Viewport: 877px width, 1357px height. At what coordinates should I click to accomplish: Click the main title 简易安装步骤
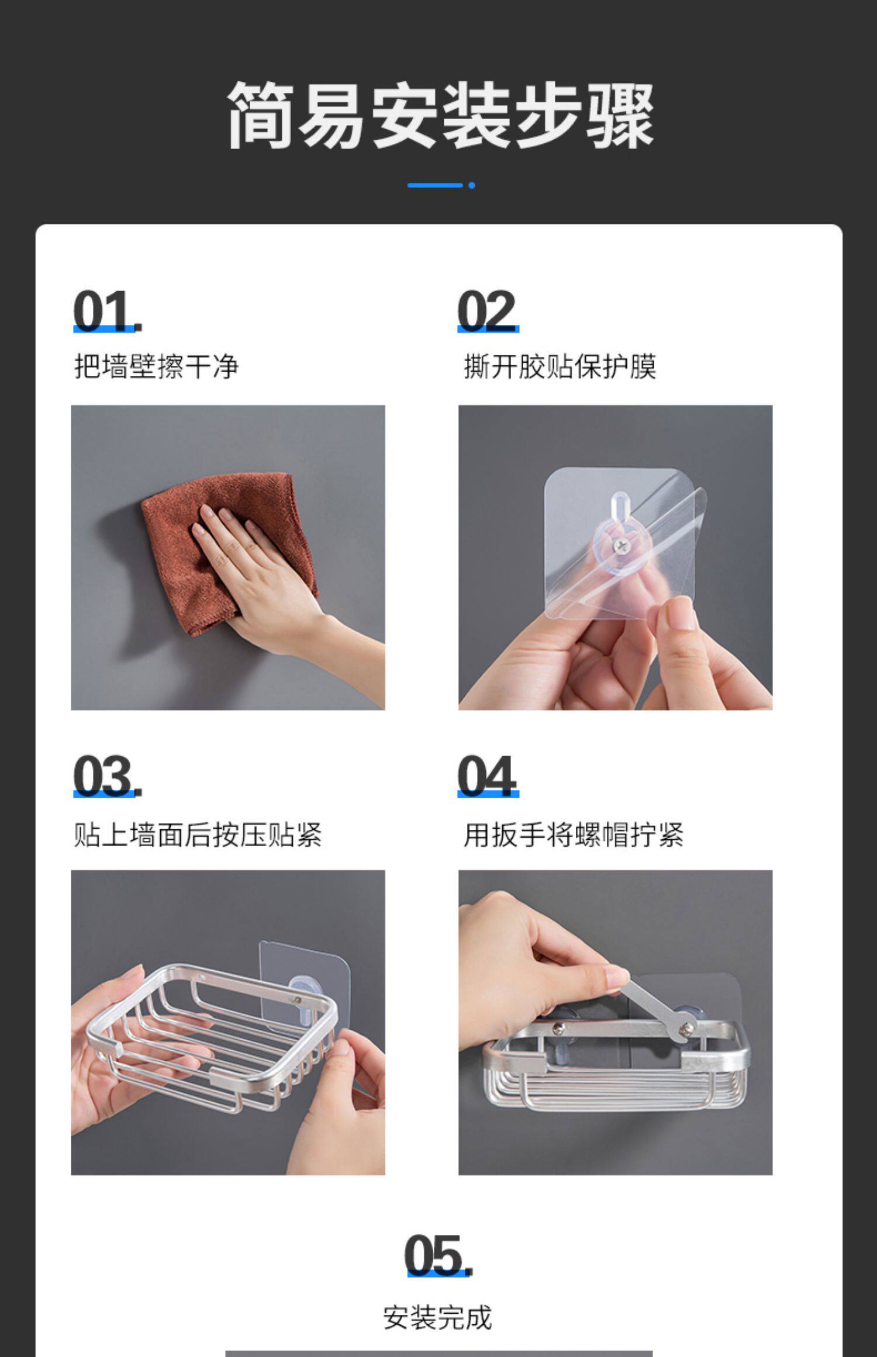[x=440, y=115]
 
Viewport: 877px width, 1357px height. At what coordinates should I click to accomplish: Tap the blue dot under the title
[x=472, y=185]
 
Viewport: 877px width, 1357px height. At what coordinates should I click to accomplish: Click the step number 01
[x=107, y=311]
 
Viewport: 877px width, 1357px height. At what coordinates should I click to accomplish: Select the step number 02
[x=488, y=311]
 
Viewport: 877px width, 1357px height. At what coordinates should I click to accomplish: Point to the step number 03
[x=107, y=776]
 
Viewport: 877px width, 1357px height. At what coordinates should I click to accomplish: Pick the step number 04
[x=488, y=776]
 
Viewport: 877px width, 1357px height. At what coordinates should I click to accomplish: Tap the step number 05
[x=438, y=1255]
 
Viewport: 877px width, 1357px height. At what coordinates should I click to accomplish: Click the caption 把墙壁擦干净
[x=157, y=366]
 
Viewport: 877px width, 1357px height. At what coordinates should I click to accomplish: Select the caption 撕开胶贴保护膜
[x=560, y=366]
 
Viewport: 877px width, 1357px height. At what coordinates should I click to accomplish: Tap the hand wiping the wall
[x=281, y=584]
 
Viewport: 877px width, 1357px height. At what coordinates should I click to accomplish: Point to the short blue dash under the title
[x=435, y=185]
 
